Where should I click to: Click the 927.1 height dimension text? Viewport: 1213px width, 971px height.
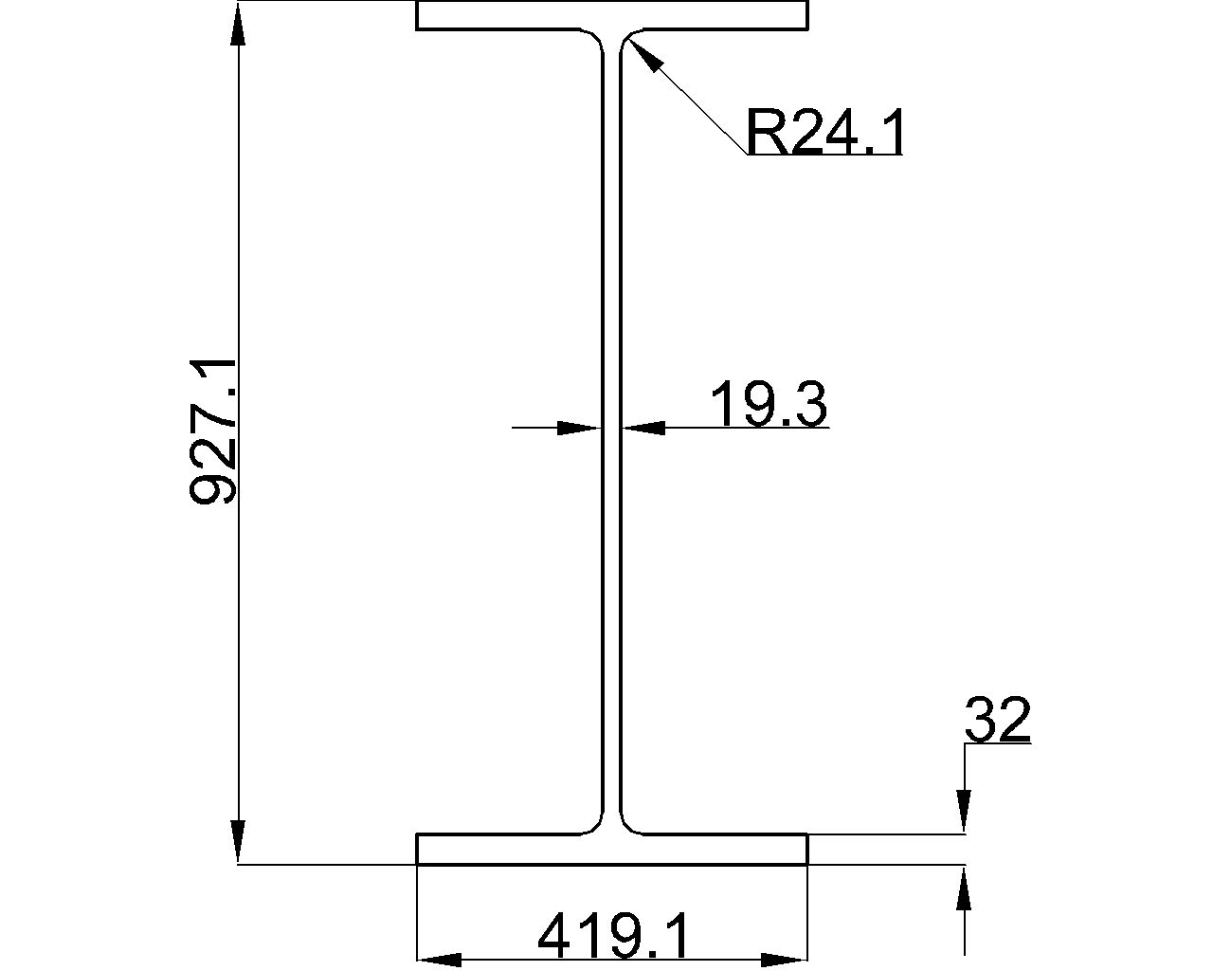214,431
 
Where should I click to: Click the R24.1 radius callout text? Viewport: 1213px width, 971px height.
824,133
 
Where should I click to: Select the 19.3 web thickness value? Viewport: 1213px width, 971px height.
769,405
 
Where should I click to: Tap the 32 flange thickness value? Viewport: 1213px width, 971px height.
997,721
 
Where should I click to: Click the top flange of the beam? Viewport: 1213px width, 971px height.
612,15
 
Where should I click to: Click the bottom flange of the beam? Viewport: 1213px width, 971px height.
612,850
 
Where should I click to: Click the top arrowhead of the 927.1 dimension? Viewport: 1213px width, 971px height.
238,24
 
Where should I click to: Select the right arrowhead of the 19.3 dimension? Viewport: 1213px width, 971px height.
644,428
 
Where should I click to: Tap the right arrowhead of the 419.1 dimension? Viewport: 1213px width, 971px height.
785,960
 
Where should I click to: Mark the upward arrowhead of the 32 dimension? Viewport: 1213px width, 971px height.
965,888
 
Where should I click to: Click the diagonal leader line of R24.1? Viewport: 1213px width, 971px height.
697,104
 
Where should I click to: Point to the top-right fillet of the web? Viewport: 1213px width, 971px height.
627,37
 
